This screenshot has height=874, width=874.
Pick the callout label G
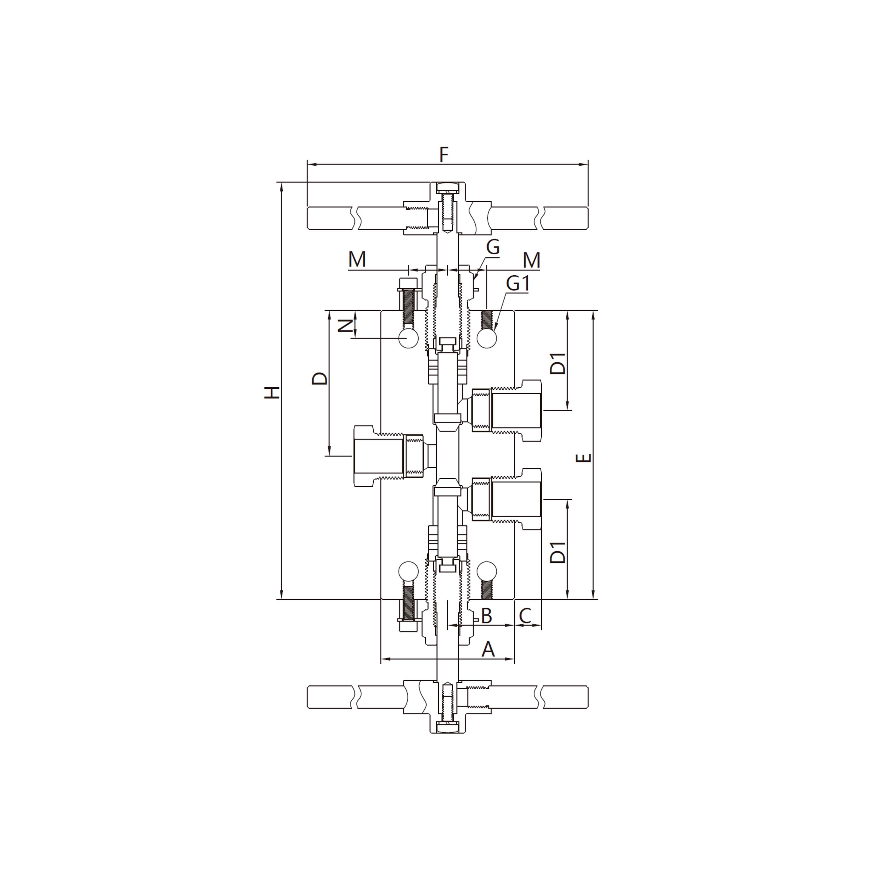click(493, 247)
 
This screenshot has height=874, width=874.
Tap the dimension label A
click(488, 650)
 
